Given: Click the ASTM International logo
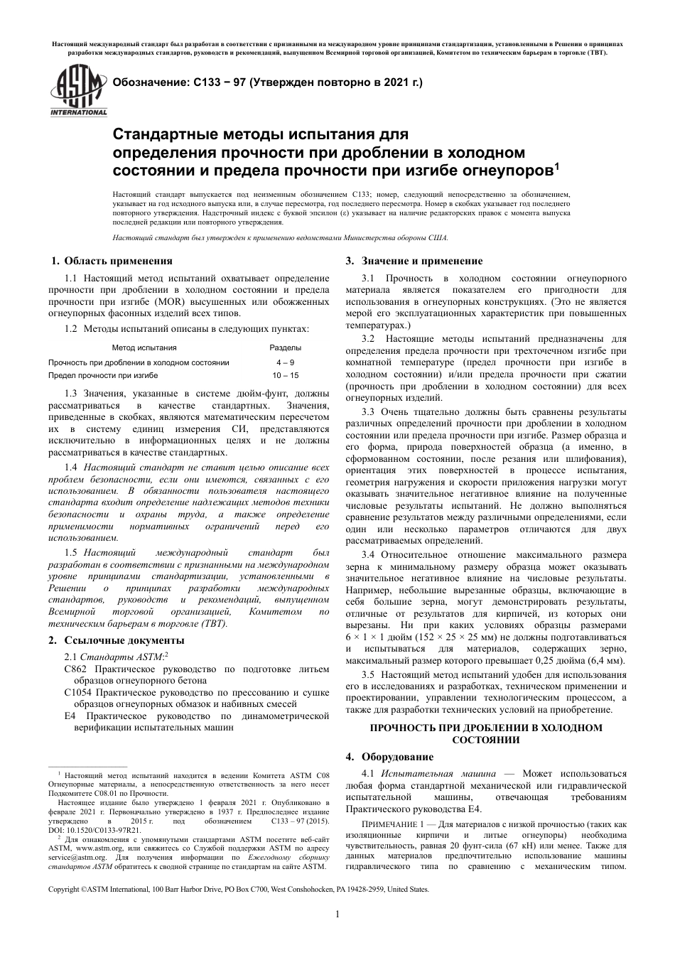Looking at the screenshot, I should tap(77, 89).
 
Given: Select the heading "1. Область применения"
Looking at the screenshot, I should tap(110, 261).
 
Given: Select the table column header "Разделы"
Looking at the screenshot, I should tap(285, 348).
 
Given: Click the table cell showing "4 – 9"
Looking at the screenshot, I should tap(285, 362).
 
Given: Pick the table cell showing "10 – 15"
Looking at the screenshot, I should tap(285, 375).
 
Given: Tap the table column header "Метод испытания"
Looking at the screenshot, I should tap(144, 348).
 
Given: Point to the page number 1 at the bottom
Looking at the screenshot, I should tap(337, 914).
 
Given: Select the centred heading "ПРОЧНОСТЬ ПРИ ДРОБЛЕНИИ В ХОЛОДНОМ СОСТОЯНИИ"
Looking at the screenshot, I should tap(486, 733).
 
